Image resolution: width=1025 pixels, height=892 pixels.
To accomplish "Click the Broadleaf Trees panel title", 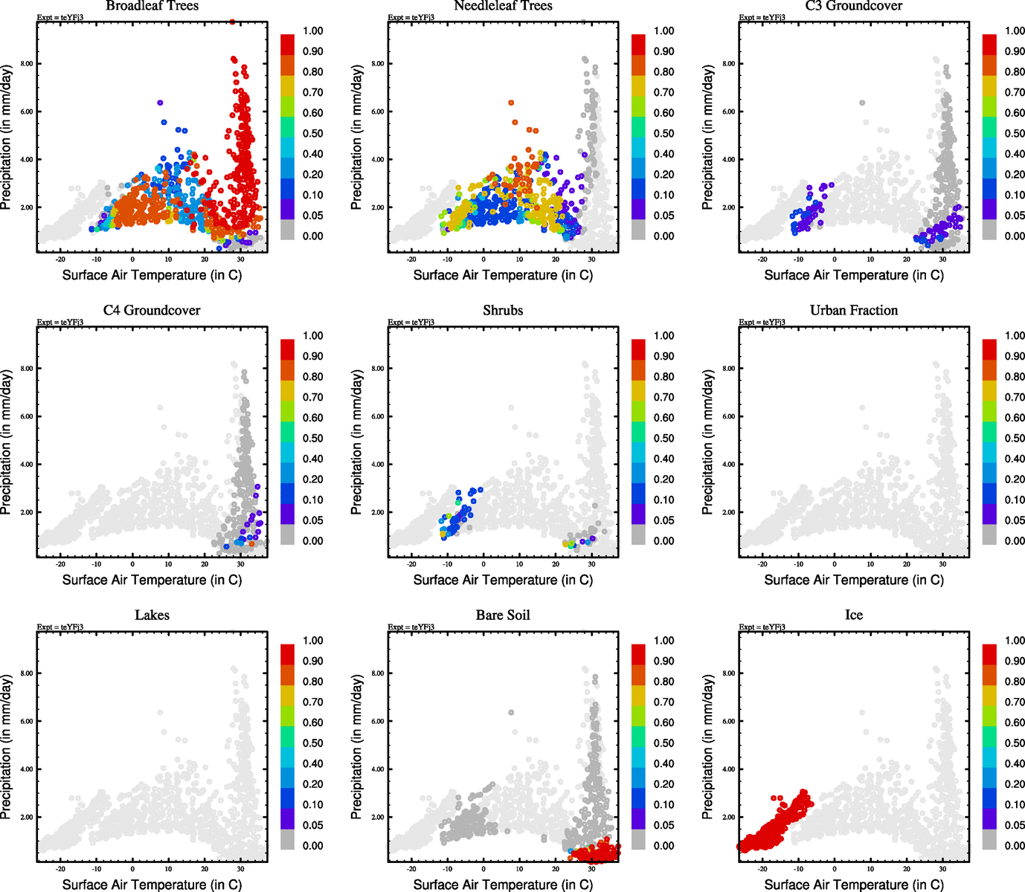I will (152, 6).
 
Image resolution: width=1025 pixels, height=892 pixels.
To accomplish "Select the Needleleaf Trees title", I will (503, 6).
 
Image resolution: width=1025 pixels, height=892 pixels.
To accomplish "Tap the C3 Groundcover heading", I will (854, 6).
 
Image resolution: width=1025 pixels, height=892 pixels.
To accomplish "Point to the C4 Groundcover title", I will (152, 311).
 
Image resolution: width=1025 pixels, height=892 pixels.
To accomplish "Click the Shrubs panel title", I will (503, 311).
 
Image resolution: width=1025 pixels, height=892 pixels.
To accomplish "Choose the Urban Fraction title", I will (854, 311).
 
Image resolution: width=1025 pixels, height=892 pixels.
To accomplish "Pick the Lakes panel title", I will (152, 615).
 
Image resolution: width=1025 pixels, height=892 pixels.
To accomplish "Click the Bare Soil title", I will (503, 615).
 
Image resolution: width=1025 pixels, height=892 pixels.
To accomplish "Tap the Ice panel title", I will (854, 615).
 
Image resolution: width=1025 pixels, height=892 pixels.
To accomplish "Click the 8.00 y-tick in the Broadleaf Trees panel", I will (27, 64).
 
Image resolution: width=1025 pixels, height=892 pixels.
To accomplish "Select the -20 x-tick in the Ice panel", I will (762, 869).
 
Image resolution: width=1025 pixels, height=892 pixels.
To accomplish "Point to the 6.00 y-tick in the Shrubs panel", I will (378, 417).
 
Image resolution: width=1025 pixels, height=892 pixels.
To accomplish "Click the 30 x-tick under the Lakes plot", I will (240, 869).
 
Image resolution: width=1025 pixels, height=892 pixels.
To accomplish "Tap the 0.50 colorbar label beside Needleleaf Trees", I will (663, 134).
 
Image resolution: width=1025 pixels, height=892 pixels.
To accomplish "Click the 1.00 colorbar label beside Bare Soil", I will (663, 641).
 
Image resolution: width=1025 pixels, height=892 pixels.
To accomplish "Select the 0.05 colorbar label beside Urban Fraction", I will (1015, 520).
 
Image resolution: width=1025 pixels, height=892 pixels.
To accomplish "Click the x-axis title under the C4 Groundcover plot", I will (152, 580).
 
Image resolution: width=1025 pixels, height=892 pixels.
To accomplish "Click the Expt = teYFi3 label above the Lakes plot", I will (60, 627).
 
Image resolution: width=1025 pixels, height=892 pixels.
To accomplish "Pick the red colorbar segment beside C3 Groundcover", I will (989, 44).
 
